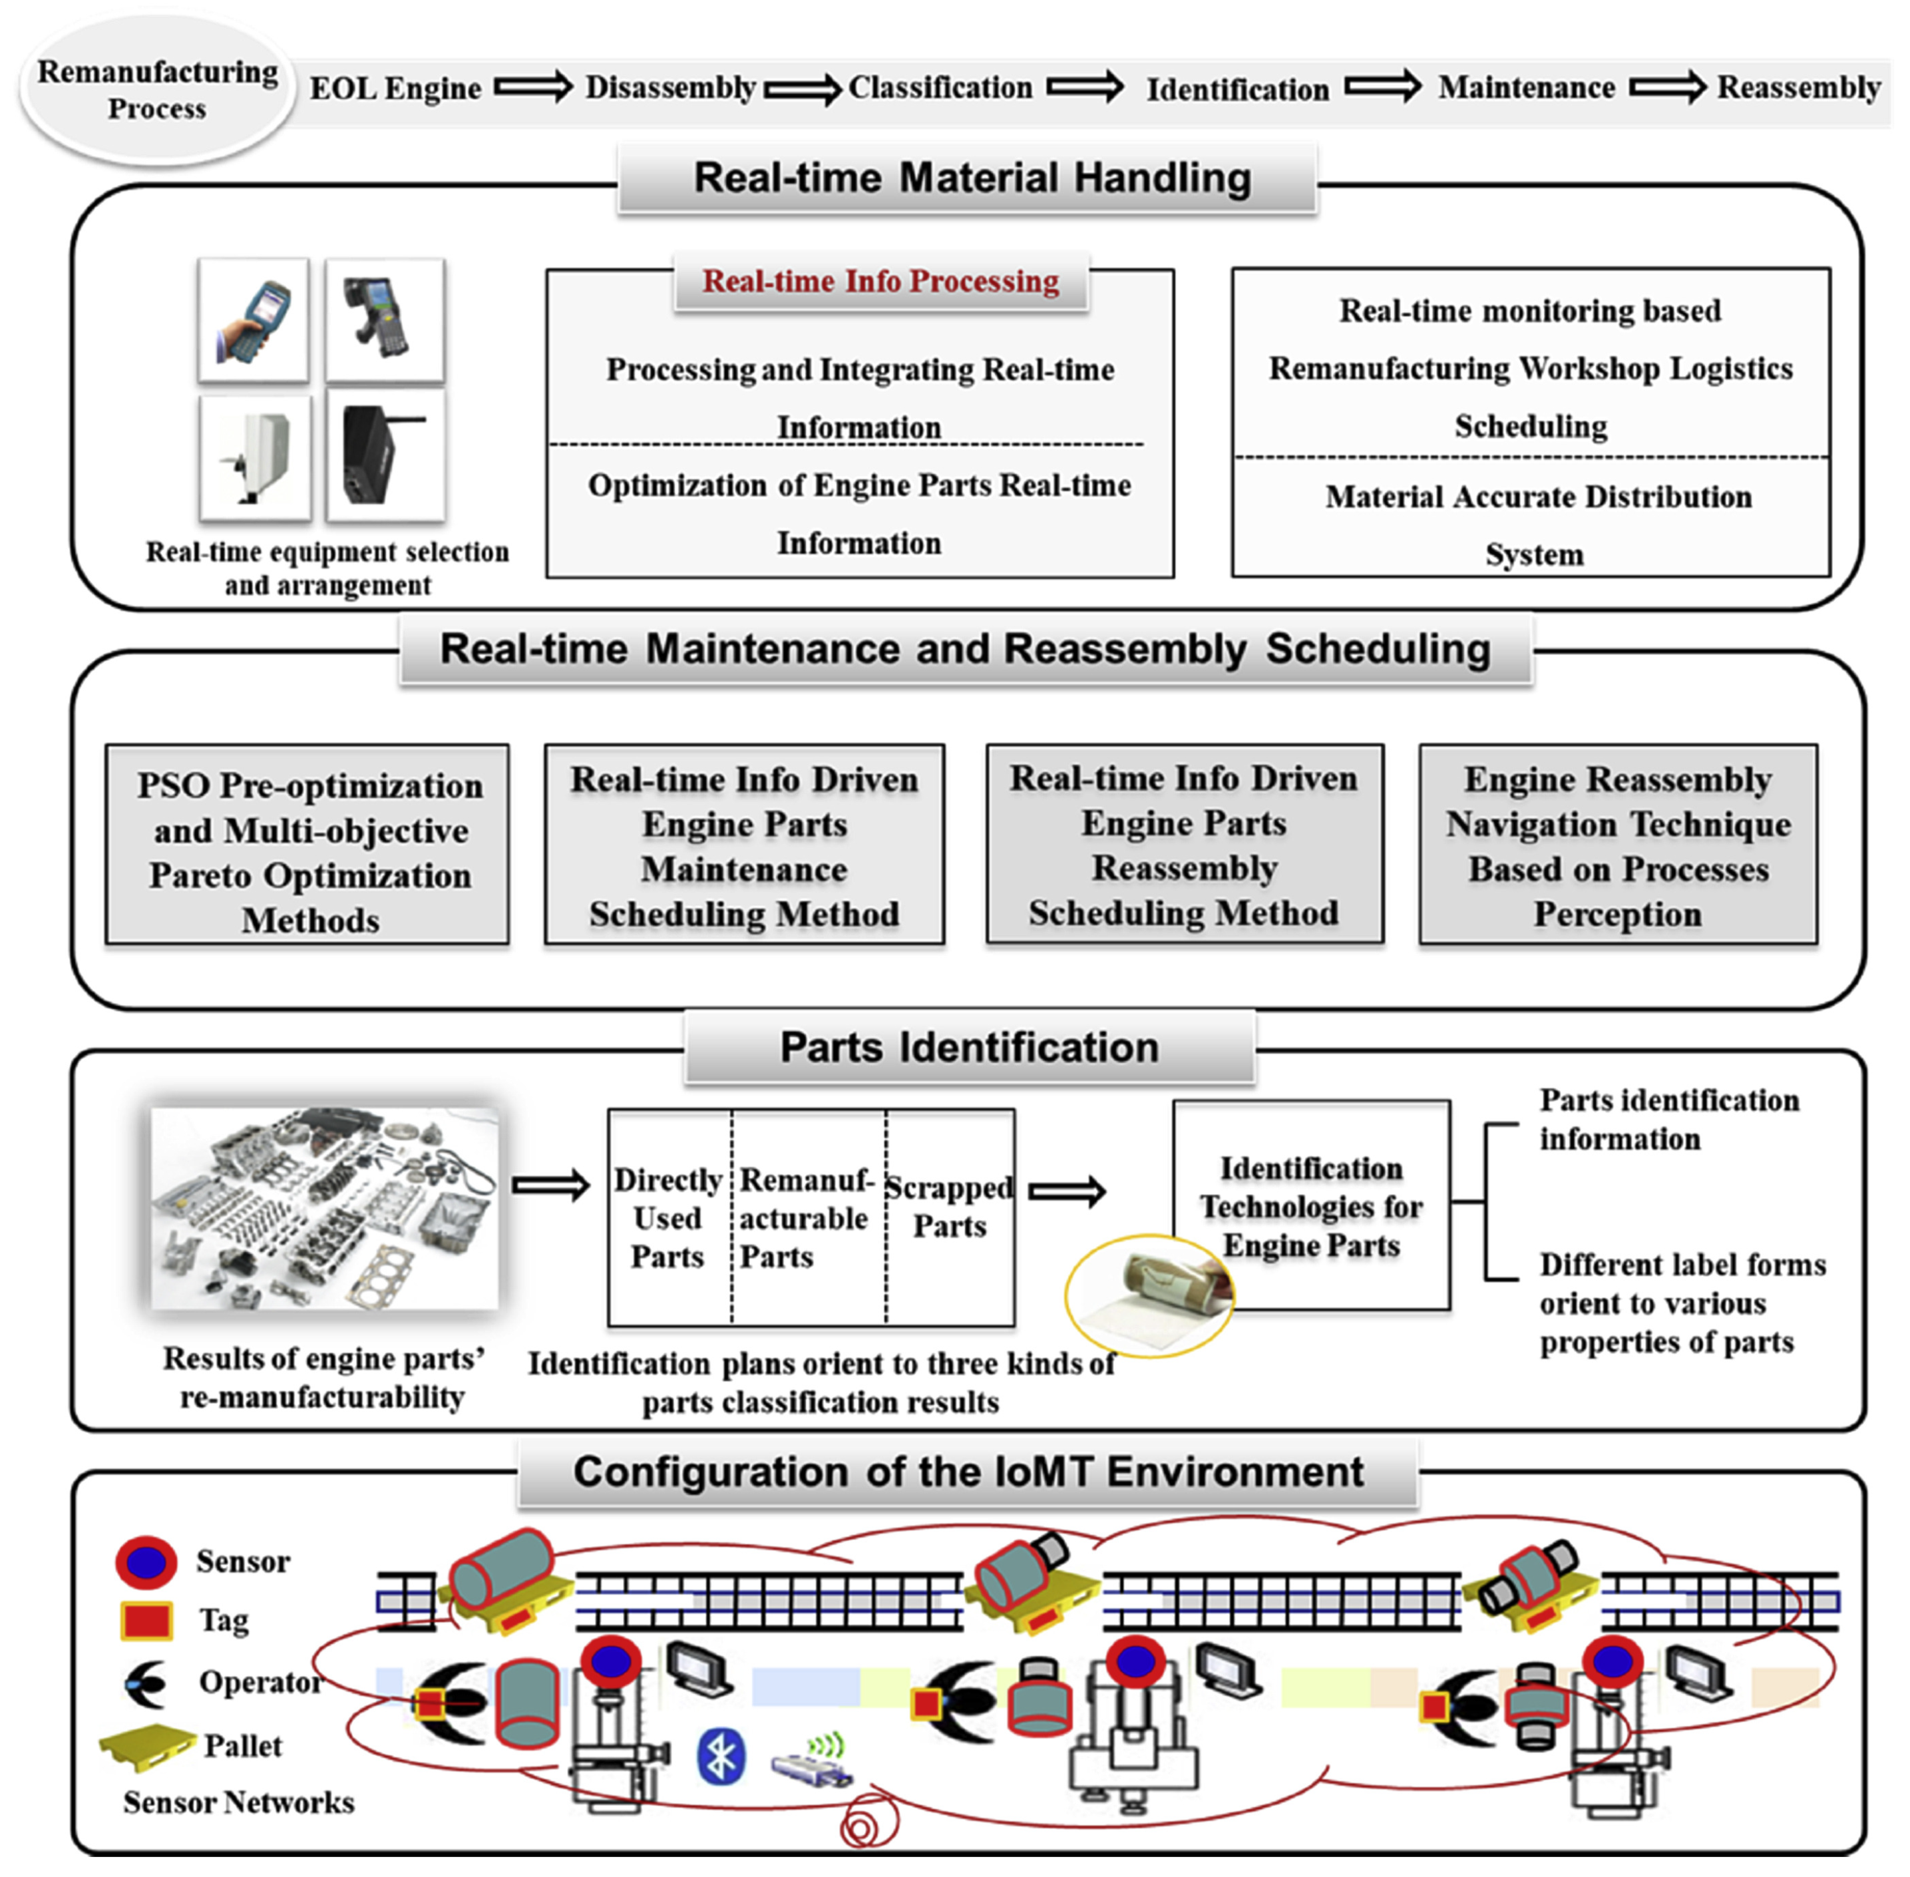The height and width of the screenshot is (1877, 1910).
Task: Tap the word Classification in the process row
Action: coord(940,88)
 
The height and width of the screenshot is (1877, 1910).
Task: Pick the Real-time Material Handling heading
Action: coord(971,178)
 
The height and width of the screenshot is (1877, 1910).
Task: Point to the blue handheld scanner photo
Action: coord(254,320)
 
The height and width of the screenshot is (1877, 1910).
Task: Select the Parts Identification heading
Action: coord(969,1048)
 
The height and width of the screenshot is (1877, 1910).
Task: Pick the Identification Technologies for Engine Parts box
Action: coord(1311,1205)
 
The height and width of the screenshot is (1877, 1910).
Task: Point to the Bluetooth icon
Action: coord(721,1756)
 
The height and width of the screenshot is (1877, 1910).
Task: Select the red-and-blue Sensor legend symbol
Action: coord(146,1562)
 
